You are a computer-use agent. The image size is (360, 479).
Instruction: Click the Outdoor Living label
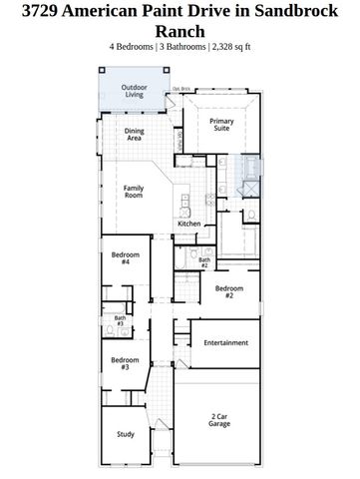tap(134, 92)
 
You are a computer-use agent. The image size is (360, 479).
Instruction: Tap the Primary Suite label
tap(221, 124)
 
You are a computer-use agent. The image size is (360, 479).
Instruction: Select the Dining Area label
tap(135, 135)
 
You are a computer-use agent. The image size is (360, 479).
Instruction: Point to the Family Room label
tap(134, 192)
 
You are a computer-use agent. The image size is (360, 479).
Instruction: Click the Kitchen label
tap(188, 224)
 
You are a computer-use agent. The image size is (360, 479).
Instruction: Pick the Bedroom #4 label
tap(125, 258)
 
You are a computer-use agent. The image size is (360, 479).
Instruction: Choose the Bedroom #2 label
tap(228, 291)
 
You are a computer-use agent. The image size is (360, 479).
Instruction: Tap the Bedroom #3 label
tap(125, 363)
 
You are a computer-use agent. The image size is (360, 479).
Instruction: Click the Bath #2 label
tap(203, 262)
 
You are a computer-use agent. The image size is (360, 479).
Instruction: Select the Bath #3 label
tap(119, 321)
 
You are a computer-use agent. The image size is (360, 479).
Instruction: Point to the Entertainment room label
tap(225, 342)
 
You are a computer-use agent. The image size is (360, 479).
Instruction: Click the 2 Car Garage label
tap(219, 420)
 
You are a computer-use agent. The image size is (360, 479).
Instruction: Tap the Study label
tap(125, 433)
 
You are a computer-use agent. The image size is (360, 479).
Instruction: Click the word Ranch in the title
tap(180, 31)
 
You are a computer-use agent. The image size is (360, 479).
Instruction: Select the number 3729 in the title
tap(36, 11)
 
